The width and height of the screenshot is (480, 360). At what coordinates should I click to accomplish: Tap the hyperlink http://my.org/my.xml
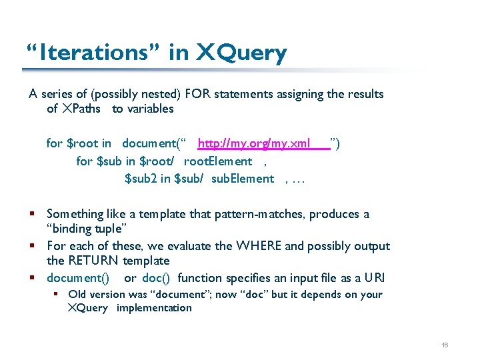(x=254, y=143)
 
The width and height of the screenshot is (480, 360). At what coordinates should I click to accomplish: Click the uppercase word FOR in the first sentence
(x=200, y=94)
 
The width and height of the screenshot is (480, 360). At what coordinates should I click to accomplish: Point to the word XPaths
(x=83, y=109)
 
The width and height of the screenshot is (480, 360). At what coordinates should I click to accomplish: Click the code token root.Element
(x=218, y=161)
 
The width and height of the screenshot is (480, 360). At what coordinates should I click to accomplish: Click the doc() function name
(x=157, y=278)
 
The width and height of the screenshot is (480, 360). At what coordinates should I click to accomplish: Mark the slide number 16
(x=445, y=345)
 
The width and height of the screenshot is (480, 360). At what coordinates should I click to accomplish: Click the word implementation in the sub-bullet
(x=154, y=308)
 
